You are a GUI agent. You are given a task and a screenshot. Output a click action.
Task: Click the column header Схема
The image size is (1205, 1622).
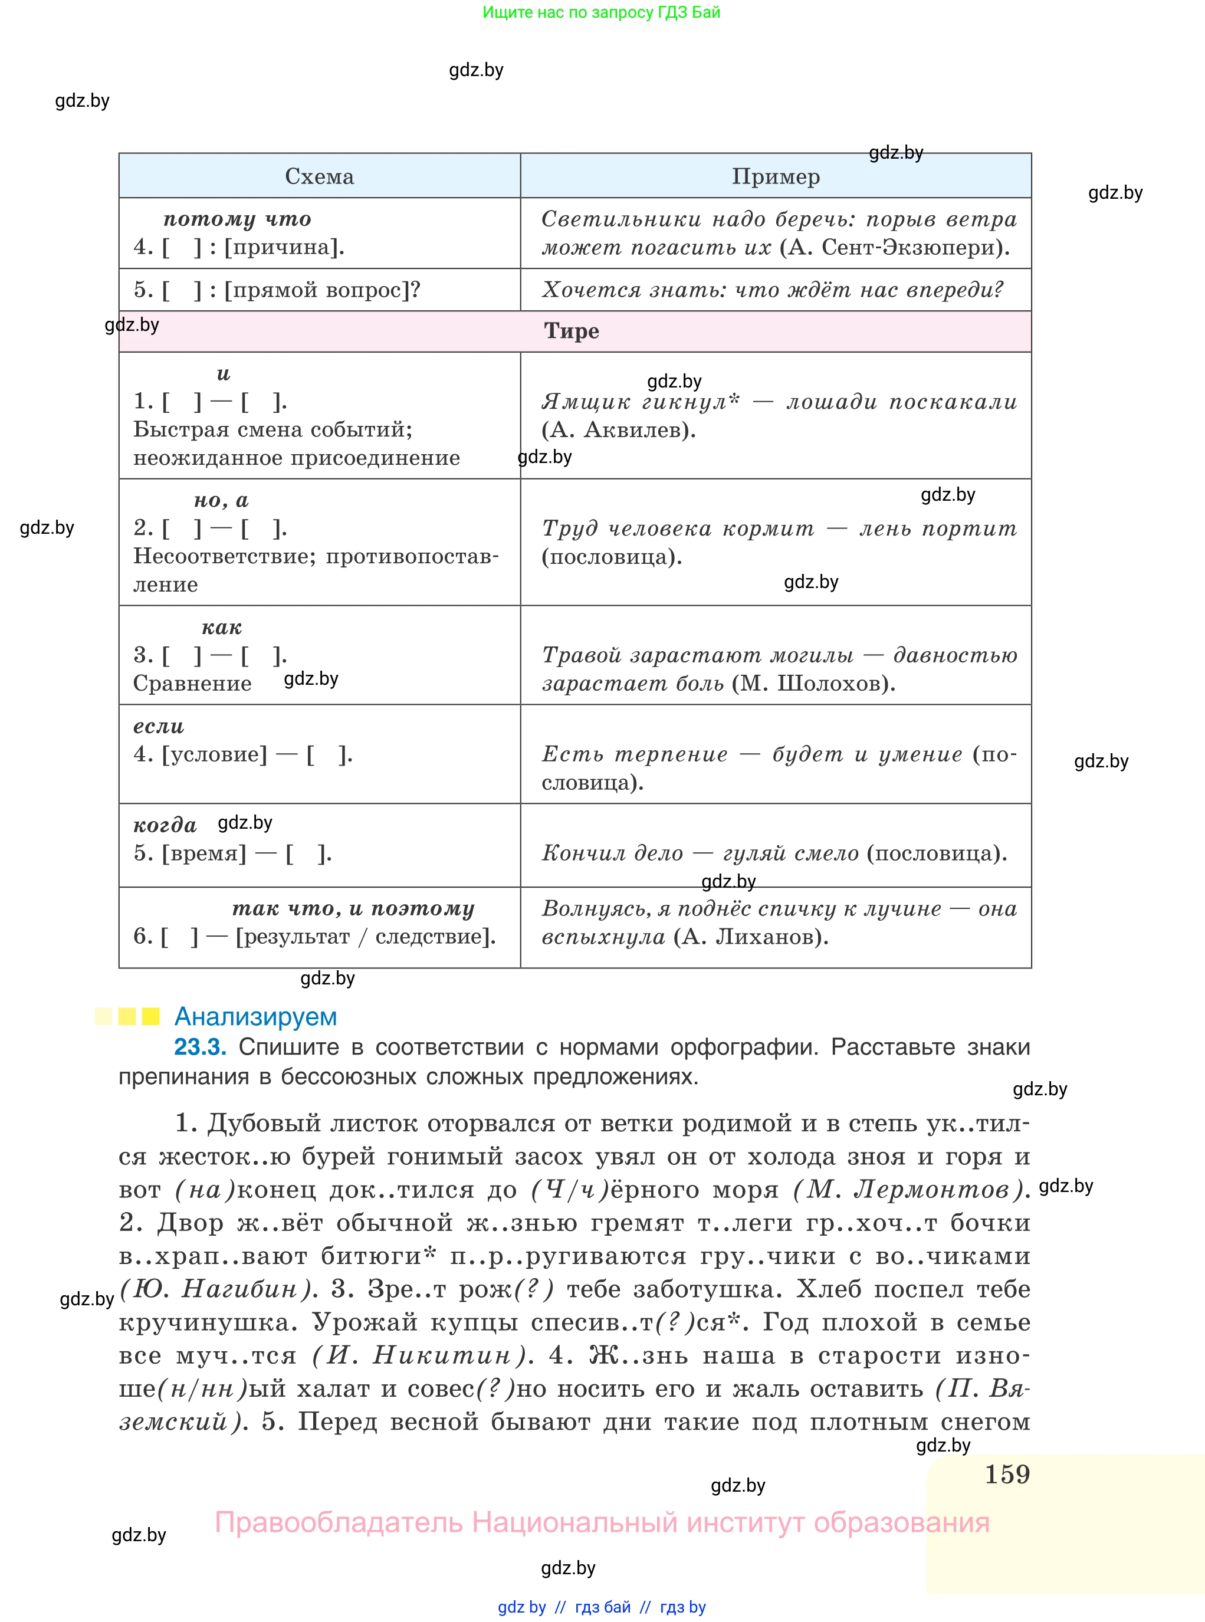click(320, 176)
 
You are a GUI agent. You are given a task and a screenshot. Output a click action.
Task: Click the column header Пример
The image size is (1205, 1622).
click(776, 176)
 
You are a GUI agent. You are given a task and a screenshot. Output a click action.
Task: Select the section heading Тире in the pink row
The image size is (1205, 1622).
click(571, 331)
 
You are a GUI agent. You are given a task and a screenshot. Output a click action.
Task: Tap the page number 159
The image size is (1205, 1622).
click(1007, 1474)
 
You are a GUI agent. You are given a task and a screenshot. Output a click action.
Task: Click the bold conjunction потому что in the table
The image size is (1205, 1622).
click(237, 219)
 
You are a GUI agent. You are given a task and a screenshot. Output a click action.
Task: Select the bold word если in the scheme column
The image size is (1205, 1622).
click(158, 727)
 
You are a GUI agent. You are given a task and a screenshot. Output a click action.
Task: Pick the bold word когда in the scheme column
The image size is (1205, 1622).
click(165, 825)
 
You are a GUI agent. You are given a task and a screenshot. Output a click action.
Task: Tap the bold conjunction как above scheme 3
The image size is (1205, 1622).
click(222, 627)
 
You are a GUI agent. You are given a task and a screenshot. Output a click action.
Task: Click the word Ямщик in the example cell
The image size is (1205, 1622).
click(586, 402)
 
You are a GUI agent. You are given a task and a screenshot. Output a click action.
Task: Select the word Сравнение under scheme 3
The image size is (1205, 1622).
click(192, 684)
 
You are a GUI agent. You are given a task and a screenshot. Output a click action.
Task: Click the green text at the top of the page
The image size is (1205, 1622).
click(601, 12)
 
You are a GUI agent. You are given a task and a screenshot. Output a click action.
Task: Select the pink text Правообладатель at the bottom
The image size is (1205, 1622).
click(338, 1523)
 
